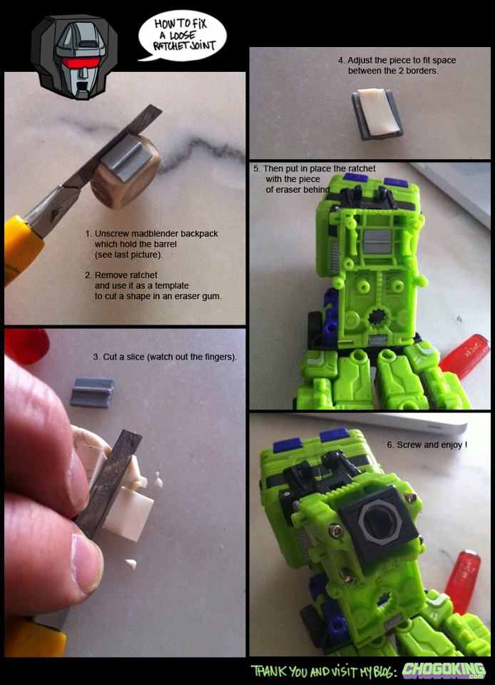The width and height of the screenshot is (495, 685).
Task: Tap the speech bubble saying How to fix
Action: tap(183, 35)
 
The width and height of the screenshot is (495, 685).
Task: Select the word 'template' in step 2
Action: tap(172, 285)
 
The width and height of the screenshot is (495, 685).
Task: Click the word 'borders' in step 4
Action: tap(419, 71)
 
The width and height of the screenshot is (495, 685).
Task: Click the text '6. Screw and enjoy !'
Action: tap(427, 445)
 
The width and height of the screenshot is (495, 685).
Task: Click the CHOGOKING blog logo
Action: tap(444, 671)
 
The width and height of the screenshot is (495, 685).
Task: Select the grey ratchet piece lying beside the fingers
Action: tap(92, 392)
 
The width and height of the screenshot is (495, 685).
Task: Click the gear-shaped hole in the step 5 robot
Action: tap(375, 315)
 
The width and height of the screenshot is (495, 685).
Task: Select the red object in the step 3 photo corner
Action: tap(26, 346)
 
